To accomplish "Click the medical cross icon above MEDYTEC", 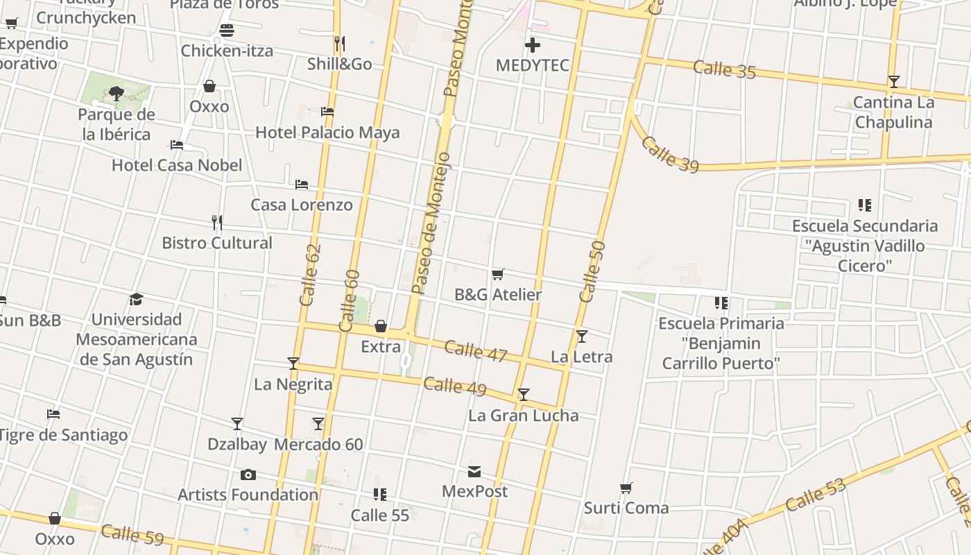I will [533, 45].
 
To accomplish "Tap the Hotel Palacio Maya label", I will [327, 132].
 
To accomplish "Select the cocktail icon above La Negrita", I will [293, 364].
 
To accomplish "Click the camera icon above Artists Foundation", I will [248, 475].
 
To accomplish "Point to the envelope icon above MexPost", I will [474, 472].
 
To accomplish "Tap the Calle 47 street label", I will [476, 350].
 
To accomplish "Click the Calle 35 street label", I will [724, 69].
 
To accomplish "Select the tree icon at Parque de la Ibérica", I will [117, 93].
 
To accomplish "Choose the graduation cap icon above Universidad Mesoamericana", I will [136, 299].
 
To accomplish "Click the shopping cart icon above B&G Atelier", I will [497, 275].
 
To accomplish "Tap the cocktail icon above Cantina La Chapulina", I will [894, 82].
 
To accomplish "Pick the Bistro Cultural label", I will [217, 243].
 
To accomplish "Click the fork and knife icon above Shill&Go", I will [339, 44].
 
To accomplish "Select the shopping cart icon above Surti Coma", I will [626, 488].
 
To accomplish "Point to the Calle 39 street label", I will [669, 154].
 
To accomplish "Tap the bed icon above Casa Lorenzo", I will [302, 185].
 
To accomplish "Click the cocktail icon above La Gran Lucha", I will [524, 395].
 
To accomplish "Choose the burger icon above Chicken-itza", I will [227, 31].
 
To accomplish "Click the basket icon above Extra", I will [381, 326].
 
